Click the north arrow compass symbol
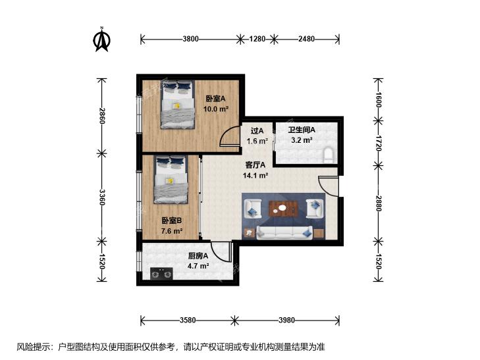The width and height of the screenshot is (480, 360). click(101, 39)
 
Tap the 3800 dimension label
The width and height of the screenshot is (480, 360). click(190, 39)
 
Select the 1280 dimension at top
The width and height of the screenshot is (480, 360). click(257, 39)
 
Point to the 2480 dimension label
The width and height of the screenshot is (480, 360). click(306, 39)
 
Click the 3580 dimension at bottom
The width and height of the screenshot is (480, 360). click(188, 321)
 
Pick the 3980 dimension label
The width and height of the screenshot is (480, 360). click(287, 321)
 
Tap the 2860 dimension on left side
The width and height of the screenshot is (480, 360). click(102, 116)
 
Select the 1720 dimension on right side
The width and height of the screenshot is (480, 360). click(379, 143)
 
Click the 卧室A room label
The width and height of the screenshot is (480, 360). click(215, 99)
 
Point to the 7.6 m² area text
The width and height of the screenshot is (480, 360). click(172, 231)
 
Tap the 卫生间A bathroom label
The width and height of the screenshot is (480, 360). click(302, 130)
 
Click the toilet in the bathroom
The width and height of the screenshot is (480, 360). click(328, 154)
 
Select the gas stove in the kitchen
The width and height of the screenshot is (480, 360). click(161, 274)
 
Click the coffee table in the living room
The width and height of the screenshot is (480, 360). click(283, 209)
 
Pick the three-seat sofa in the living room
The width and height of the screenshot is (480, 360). click(284, 233)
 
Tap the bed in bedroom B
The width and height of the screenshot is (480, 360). click(171, 180)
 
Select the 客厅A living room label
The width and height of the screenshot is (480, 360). click(255, 165)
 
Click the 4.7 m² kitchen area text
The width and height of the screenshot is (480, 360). click(198, 266)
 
